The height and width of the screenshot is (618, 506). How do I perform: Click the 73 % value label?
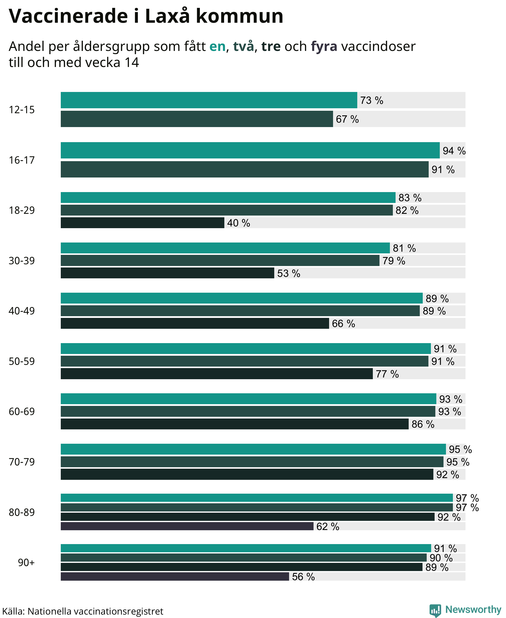372,100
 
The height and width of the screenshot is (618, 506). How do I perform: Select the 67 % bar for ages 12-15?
197,119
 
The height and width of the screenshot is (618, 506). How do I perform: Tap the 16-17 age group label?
21,160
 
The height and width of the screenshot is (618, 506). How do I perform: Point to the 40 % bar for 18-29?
143,222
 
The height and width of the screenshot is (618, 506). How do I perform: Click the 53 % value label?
289,273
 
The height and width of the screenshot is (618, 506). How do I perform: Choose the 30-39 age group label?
21,261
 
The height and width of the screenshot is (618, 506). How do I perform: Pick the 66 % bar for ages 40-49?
195,323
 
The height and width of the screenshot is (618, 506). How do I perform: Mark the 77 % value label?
387,374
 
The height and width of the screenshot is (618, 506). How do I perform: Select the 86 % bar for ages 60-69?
235,424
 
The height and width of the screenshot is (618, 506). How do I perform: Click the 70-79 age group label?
21,462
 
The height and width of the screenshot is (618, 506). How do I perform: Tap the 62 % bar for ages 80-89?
187,526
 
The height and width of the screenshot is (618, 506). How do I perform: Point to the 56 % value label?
303,576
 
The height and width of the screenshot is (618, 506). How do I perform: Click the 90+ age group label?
26,562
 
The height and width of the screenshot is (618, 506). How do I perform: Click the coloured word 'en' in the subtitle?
217,46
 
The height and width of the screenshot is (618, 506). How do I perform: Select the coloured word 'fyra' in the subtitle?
324,47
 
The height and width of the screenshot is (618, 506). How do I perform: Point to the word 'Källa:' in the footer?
13,611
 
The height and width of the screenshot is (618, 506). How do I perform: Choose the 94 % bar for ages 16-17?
250,150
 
